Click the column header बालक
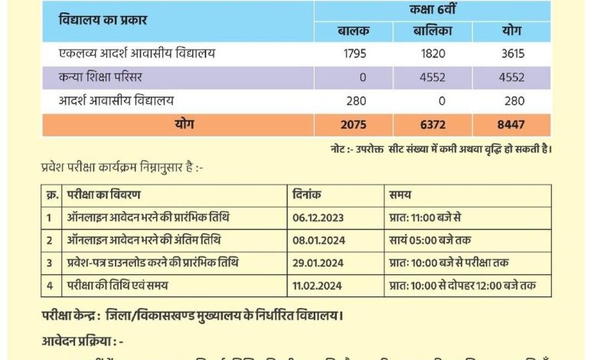(x=353, y=31)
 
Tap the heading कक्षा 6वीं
(x=432, y=10)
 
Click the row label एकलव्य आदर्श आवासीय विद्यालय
(x=138, y=54)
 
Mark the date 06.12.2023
(x=318, y=218)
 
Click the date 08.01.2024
(x=318, y=241)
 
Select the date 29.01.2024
(x=318, y=263)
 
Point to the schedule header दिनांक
(x=308, y=195)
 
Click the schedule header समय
(x=400, y=195)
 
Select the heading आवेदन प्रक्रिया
(x=82, y=340)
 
